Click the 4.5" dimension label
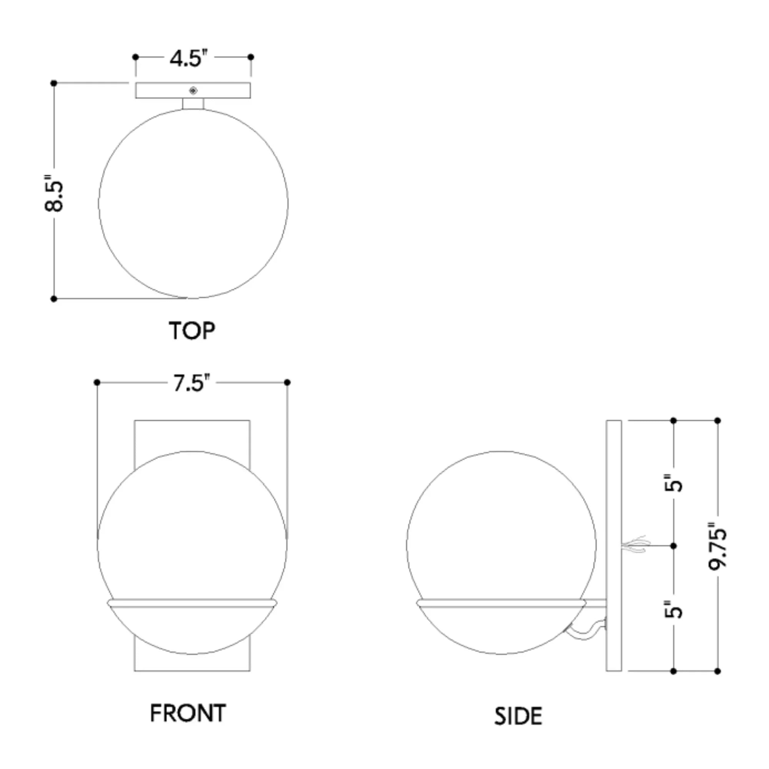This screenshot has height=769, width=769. tap(188, 58)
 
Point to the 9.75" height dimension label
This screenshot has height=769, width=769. tap(717, 546)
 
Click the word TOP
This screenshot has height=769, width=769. tap(192, 331)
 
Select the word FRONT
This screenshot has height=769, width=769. tap(188, 713)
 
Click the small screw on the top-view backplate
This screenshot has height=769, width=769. tap(193, 91)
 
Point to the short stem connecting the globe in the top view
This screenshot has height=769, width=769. tap(193, 103)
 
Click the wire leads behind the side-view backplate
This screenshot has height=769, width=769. tap(636, 544)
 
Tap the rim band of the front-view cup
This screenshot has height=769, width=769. tap(192, 603)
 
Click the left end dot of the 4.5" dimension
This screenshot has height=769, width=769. tap(135, 57)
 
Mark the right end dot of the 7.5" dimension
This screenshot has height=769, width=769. tap(287, 383)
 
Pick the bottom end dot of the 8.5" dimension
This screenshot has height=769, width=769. tap(54, 299)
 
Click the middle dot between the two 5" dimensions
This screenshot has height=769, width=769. tap(674, 546)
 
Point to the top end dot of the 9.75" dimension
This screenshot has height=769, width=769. tap(717, 421)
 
